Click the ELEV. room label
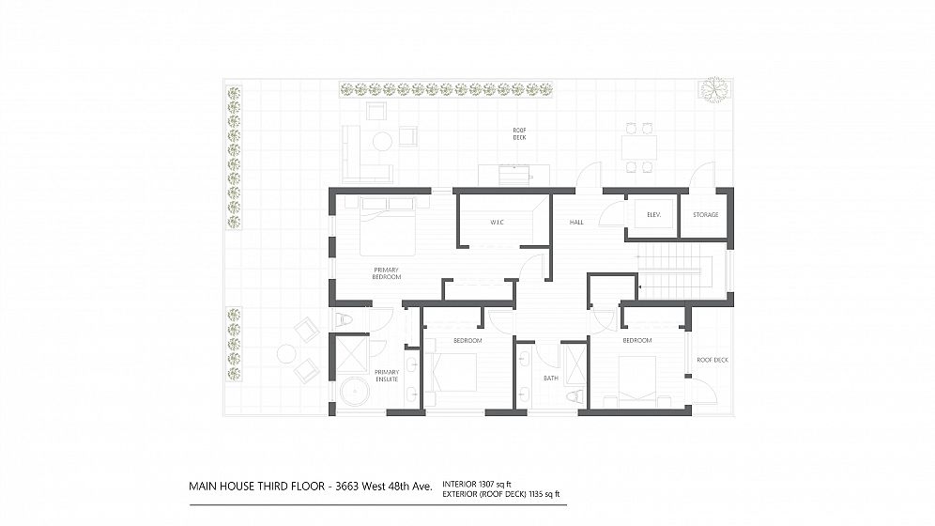click(653, 215)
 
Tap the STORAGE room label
click(705, 215)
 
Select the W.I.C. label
click(498, 223)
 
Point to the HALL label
click(576, 223)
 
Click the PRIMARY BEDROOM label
click(387, 273)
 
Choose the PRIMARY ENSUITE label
click(387, 375)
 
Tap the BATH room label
click(551, 379)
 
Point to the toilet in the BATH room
click(575, 396)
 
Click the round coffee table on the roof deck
click(382, 142)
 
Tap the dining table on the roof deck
click(639, 147)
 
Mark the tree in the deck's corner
click(714, 89)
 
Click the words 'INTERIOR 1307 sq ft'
click(477, 485)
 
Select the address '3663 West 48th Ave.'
click(384, 486)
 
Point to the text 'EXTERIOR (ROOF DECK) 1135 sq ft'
click(501, 494)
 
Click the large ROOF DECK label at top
click(519, 134)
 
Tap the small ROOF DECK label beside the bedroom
click(713, 360)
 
